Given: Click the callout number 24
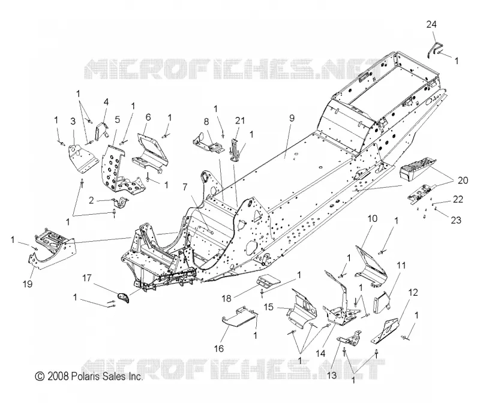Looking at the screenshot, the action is point(431,24).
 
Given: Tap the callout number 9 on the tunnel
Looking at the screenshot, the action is point(292,118).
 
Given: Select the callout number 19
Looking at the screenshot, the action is point(28,284).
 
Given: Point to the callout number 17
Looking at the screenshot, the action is point(87,278).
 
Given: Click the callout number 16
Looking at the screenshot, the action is point(219,348).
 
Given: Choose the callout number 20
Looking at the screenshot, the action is point(463,181).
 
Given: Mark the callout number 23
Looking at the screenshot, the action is point(456,220).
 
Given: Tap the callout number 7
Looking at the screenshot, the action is point(185,187).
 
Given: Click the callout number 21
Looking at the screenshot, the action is point(240,121).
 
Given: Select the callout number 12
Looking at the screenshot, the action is point(413,293).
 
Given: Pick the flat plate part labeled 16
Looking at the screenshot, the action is point(238,317).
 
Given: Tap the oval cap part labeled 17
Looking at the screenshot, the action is point(124,297).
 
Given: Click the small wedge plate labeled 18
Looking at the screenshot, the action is point(268,281).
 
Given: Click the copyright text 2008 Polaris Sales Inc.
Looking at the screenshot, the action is point(89,376).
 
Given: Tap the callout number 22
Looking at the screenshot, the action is point(458,199).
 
